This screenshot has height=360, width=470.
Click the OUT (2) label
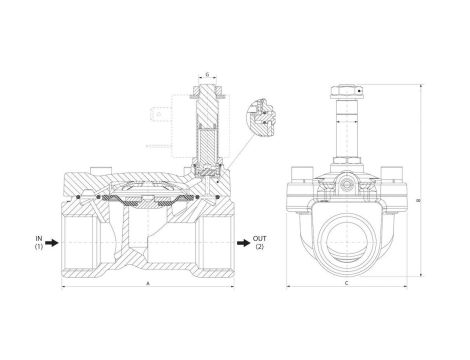pos(259,241)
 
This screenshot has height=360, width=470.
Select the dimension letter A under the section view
pos(150,283)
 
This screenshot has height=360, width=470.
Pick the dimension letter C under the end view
pos(346,283)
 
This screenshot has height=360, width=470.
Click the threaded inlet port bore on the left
pos(85,241)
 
